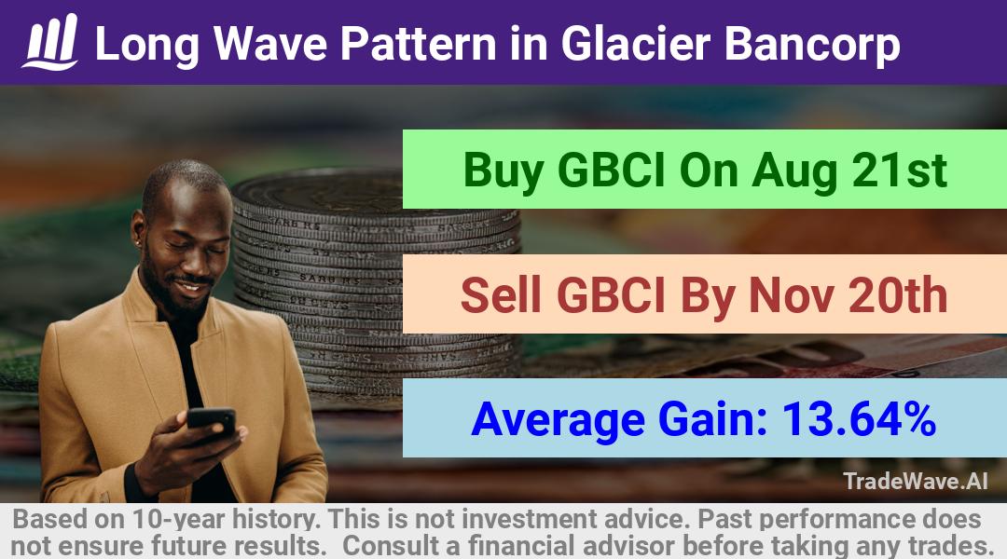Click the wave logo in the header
(x=50, y=42)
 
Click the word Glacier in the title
(x=636, y=44)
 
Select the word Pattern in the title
(x=418, y=44)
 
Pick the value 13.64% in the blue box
(x=859, y=419)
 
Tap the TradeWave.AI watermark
(x=916, y=481)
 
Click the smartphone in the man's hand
(x=212, y=421)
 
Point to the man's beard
(x=168, y=292)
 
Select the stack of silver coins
(x=376, y=282)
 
